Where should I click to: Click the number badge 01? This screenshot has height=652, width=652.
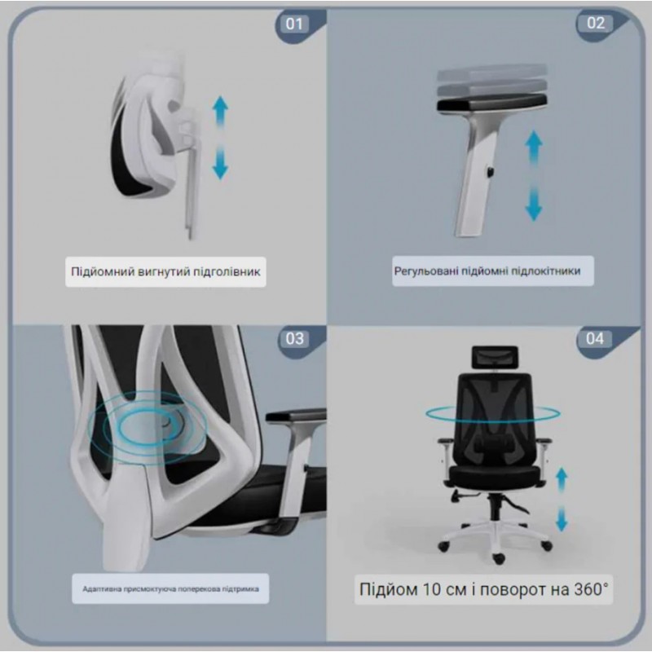(294, 24)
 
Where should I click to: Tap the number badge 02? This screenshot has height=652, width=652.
(596, 23)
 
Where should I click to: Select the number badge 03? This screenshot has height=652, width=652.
(294, 339)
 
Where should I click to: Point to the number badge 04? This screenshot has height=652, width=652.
(595, 338)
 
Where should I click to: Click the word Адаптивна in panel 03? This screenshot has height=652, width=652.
(102, 589)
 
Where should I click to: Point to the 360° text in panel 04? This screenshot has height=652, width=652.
(591, 589)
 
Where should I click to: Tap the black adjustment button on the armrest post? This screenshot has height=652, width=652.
(491, 171)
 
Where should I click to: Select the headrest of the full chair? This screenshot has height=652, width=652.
(495, 357)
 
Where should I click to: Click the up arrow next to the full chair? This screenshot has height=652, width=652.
(562, 479)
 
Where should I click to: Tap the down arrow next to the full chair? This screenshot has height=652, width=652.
(562, 518)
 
